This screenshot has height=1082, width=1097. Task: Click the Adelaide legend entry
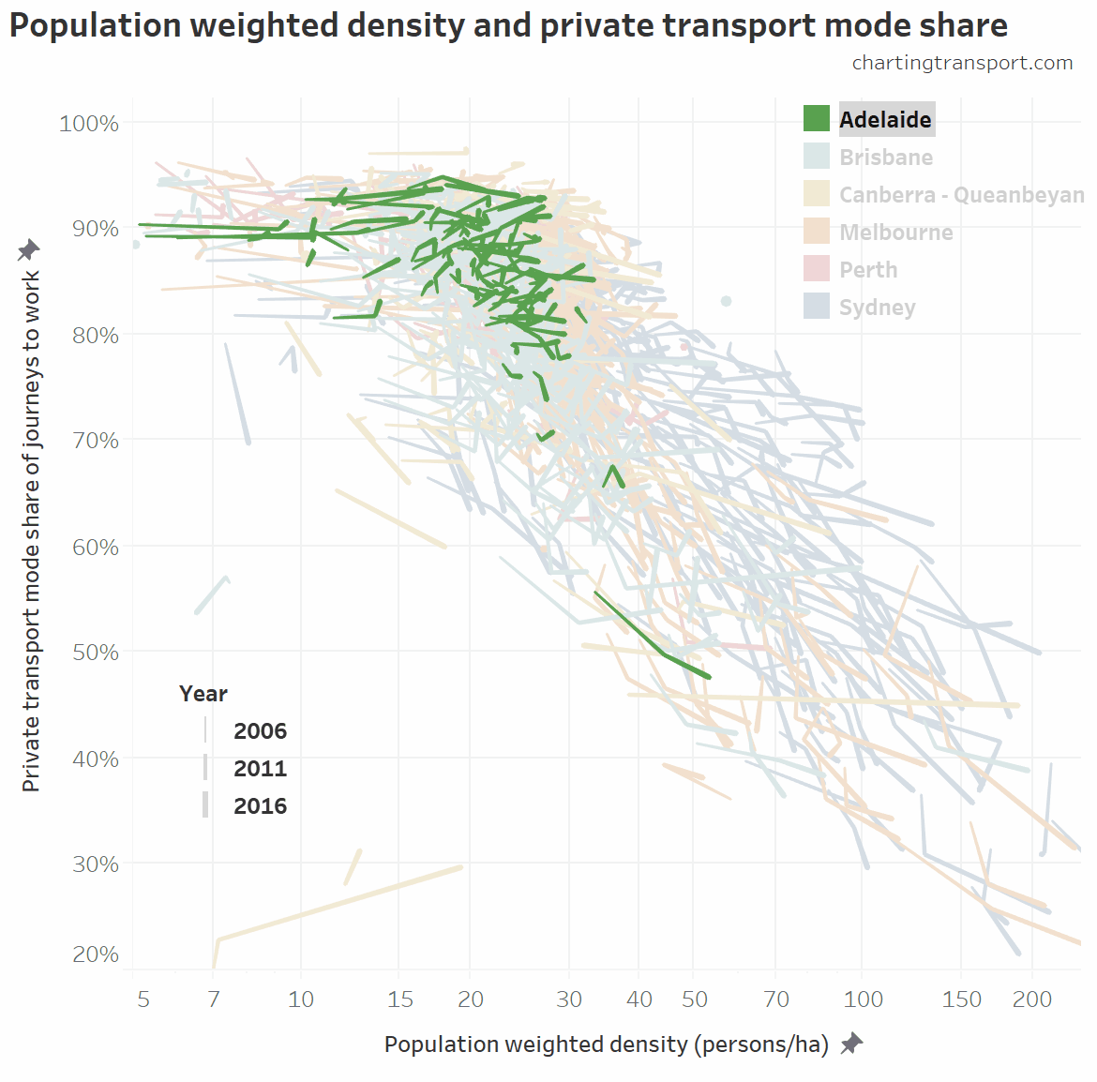884,119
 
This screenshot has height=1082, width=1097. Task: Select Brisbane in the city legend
885,158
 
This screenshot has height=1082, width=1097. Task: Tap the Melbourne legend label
895,233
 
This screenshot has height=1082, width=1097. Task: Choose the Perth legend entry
868,270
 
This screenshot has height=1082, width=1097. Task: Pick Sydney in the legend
877,308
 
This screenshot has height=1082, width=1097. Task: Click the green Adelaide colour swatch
817,119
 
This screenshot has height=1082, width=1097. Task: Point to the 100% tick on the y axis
89,124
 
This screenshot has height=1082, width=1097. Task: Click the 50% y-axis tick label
95,652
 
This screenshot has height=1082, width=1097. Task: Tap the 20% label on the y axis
95,954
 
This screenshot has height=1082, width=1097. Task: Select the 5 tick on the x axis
143,999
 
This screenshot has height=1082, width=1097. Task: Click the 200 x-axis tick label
1031,999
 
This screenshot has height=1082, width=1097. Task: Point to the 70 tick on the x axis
776,999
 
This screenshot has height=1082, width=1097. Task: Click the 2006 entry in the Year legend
260,731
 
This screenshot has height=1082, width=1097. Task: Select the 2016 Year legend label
260,806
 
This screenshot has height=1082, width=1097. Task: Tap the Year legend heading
203,694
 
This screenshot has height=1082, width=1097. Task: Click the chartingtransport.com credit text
962,63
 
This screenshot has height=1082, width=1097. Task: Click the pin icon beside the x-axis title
851,1044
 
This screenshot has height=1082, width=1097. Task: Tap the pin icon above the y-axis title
29,250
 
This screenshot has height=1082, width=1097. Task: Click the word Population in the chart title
96,25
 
